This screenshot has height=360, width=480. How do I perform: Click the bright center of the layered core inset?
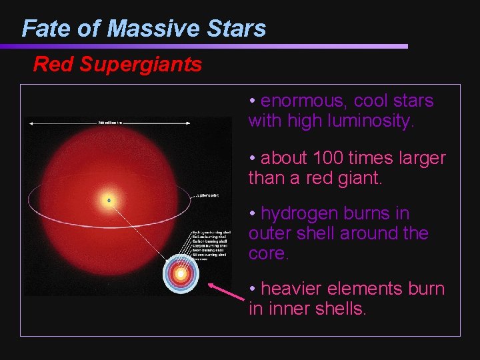(x=179, y=274)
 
